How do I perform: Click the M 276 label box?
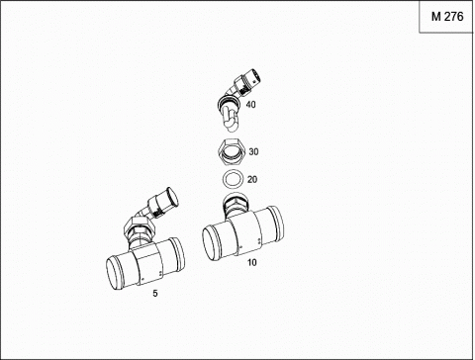pos(446,17)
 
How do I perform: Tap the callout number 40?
pos(250,105)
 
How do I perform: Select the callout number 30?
pos(253,152)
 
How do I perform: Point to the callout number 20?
pos(252,180)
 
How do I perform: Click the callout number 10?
pos(252,263)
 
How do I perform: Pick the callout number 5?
pos(155,293)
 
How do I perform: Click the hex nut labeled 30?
pos(232,152)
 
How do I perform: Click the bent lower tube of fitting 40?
pos(230,117)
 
